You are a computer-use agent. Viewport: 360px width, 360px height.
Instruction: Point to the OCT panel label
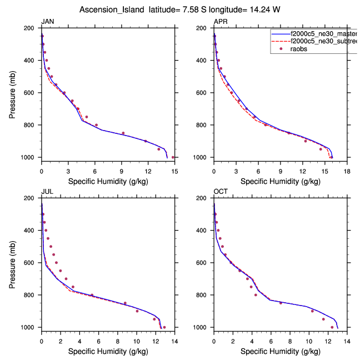click(x=221, y=192)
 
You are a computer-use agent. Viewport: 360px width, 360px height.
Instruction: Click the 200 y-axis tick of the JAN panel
click(x=31, y=28)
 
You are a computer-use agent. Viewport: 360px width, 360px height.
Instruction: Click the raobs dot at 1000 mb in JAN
click(x=173, y=157)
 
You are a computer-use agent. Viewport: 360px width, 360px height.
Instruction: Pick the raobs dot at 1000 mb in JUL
click(x=164, y=327)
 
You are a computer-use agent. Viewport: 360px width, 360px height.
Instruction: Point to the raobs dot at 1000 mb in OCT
click(x=332, y=327)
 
